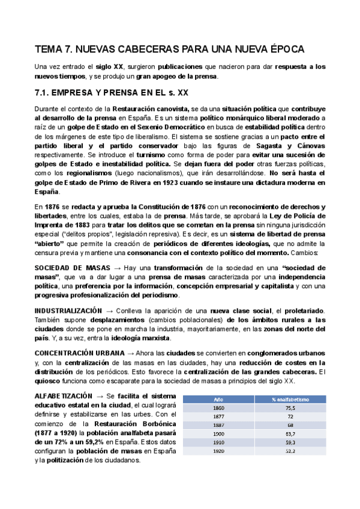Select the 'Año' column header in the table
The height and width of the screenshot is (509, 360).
point(218,399)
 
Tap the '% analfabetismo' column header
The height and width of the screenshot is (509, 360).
point(290,399)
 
